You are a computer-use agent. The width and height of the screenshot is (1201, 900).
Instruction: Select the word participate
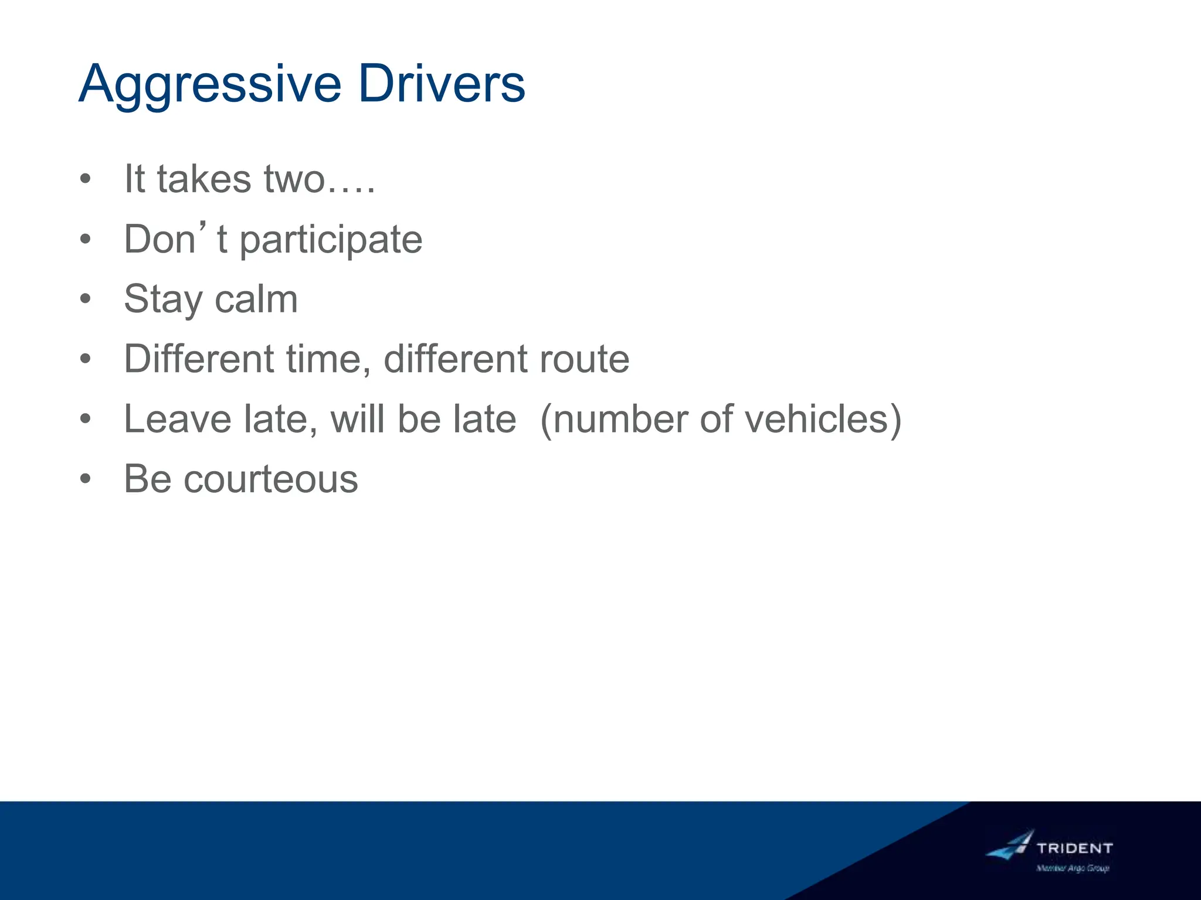tap(331, 240)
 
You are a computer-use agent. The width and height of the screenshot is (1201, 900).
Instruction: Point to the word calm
tap(256, 299)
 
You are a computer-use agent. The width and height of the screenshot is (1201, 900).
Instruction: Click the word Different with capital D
tap(199, 359)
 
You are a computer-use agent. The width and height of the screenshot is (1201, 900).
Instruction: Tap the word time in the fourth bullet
tap(328, 359)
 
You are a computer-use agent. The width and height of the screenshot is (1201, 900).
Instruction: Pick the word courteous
tap(270, 480)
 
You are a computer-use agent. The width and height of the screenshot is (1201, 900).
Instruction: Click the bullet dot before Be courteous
tap(86, 479)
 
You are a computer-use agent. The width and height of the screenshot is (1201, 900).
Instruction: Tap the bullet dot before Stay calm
tap(86, 299)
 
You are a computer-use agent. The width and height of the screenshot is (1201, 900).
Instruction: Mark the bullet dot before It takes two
tap(86, 179)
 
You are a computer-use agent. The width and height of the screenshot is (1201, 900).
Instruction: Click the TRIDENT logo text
tap(1074, 848)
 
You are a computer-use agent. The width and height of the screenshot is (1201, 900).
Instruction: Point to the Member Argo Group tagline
tap(1073, 868)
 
